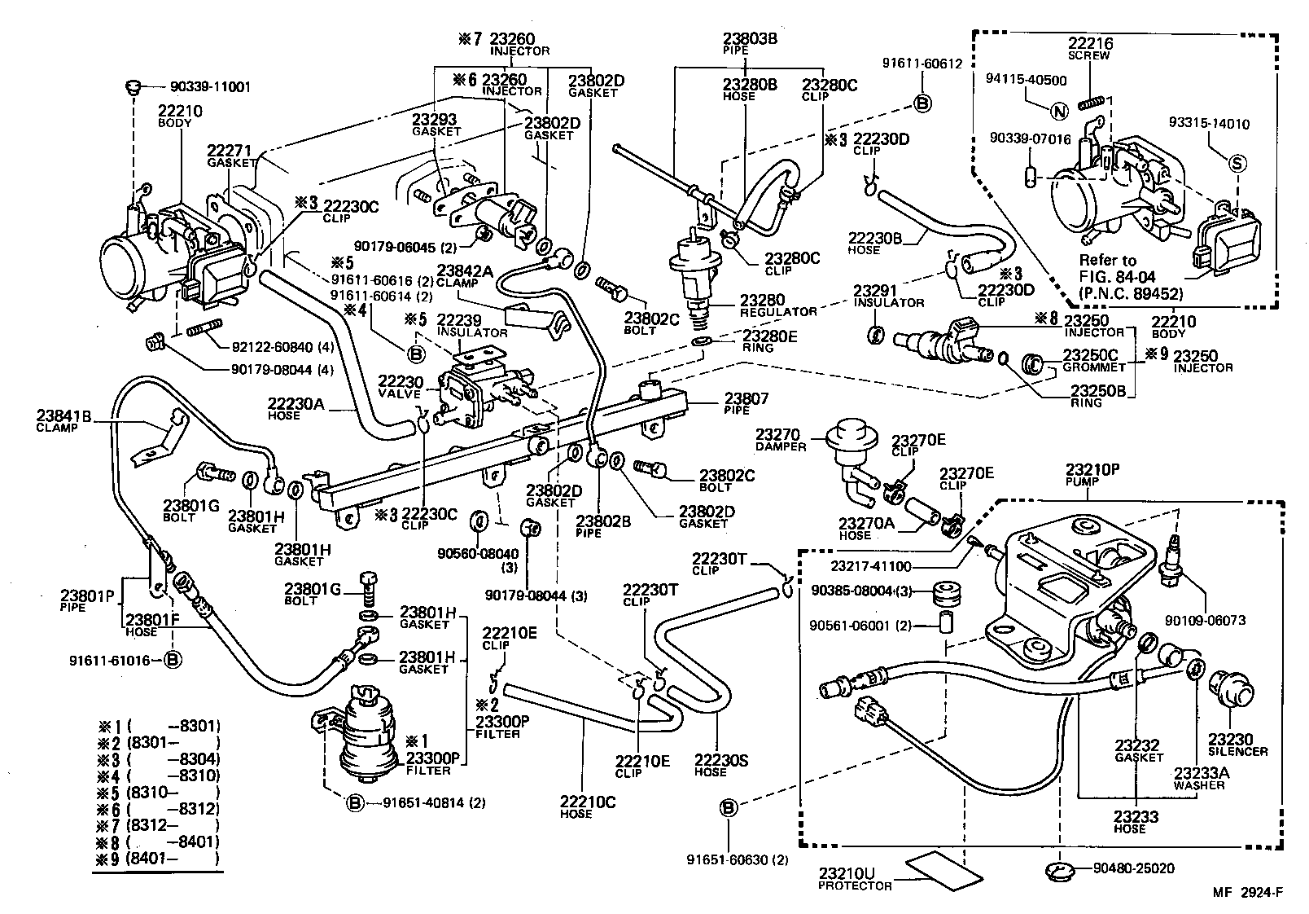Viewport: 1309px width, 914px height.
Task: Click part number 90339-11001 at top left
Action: pos(210,86)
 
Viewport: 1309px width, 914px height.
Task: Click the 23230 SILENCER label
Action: pos(1237,744)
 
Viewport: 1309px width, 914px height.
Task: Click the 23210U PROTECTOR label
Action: pos(855,878)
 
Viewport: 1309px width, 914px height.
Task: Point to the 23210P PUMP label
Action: pos(1092,475)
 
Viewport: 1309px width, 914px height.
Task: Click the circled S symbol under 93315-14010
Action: pos(1237,164)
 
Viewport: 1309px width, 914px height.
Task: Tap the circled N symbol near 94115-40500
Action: pos(1058,112)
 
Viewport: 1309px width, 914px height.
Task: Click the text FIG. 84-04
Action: pos(1118,276)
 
